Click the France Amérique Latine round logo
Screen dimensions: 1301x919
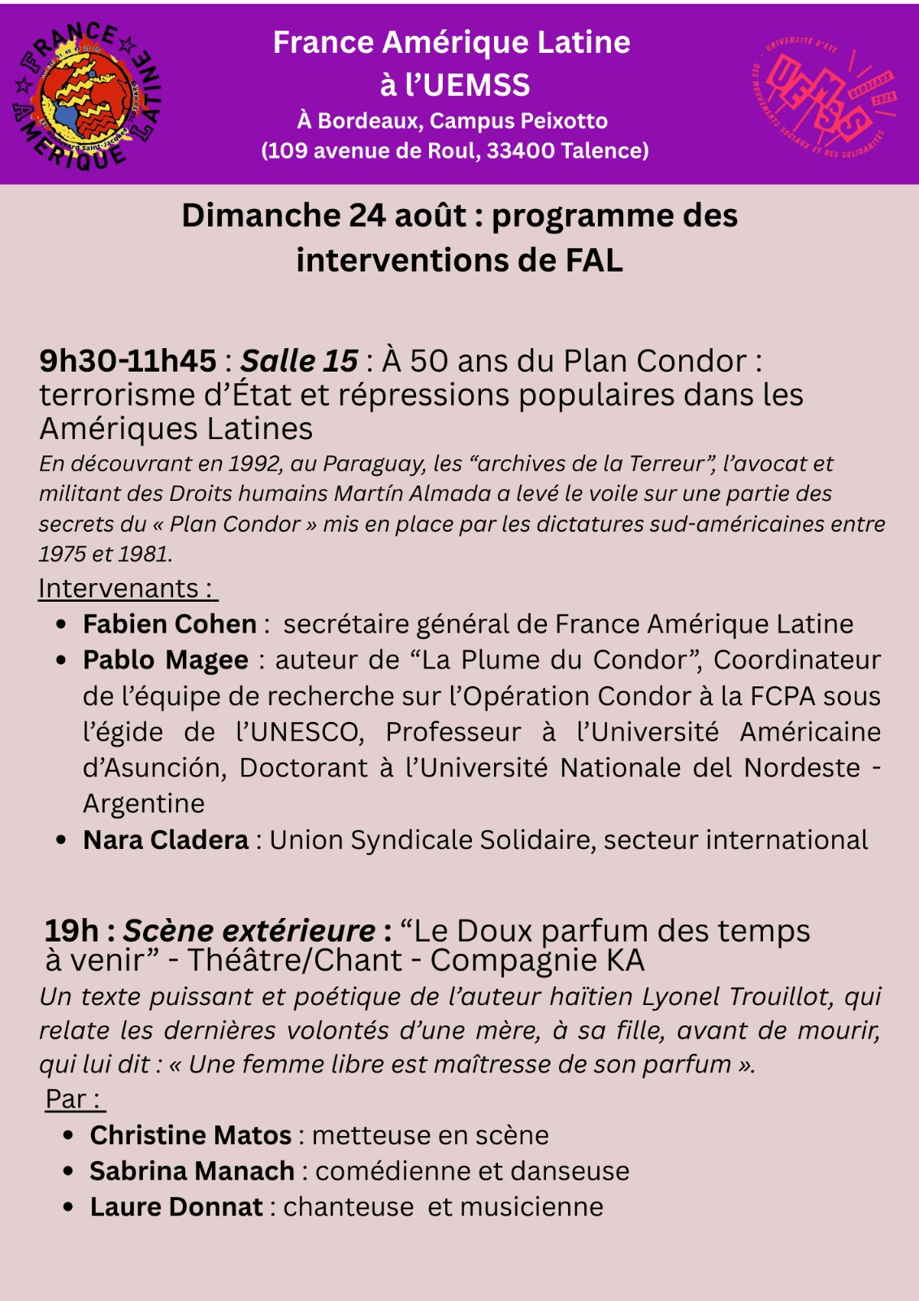coord(86,96)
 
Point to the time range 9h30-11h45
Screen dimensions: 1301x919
coord(128,361)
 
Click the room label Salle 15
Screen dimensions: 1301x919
coord(299,361)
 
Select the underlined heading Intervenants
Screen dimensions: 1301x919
coord(119,588)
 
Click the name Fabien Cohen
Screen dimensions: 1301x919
coord(170,624)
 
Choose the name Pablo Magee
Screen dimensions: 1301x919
coord(166,659)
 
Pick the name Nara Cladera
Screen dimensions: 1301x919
coord(166,839)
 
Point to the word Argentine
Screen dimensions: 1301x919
coord(144,803)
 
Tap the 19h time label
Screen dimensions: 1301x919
coord(72,931)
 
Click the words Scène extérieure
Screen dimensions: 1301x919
coord(249,931)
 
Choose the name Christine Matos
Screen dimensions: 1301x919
coord(191,1135)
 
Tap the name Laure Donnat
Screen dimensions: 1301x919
coord(176,1207)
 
